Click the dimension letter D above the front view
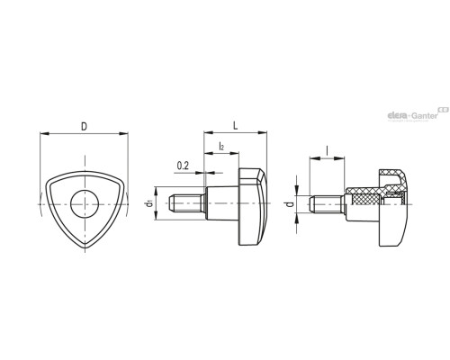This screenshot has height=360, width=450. [84, 127]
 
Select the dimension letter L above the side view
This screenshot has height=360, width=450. [236, 126]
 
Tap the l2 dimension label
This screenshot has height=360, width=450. [221, 146]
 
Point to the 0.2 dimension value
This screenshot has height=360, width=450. [183, 166]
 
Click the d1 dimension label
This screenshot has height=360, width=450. [149, 203]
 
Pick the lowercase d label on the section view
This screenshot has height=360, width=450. [290, 204]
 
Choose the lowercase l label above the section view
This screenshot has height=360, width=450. [327, 150]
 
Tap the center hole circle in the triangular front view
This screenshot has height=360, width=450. [85, 204]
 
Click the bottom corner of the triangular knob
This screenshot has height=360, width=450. [85, 247]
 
